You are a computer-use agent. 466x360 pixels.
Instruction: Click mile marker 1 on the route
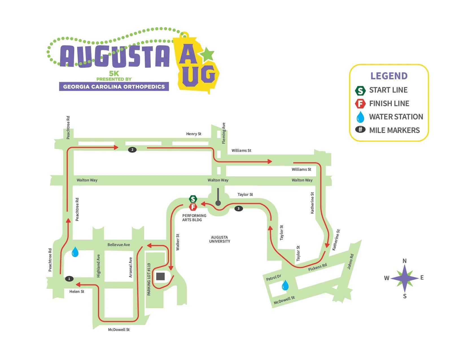(x=69, y=279)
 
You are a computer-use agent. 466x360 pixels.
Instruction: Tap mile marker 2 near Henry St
(x=132, y=150)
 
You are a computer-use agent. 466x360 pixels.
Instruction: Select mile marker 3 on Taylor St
(x=239, y=208)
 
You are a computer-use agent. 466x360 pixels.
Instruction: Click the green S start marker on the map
(x=193, y=199)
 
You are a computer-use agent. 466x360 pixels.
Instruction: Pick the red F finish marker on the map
(x=193, y=207)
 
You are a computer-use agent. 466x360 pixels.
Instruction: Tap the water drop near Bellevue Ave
(x=75, y=252)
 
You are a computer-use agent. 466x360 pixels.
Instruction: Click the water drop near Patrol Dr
(x=285, y=286)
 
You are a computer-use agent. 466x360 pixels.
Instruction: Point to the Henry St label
(x=194, y=134)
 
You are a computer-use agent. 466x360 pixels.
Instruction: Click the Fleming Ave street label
(x=224, y=133)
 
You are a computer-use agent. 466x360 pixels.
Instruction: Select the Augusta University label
(x=220, y=239)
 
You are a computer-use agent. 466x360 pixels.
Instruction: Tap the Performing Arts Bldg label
(x=194, y=218)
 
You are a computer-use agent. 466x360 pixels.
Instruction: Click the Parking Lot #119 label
(x=149, y=279)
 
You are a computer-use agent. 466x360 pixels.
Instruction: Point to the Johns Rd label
(x=350, y=262)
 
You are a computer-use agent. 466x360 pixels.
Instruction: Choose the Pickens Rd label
(x=317, y=267)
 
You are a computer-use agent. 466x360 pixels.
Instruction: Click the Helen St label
(x=77, y=291)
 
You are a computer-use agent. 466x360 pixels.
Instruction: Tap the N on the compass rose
(x=404, y=261)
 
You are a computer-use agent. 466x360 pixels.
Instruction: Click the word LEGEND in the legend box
(x=389, y=76)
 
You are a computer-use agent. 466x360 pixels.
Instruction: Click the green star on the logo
(x=208, y=54)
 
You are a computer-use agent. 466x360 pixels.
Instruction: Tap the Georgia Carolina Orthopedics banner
(x=114, y=87)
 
